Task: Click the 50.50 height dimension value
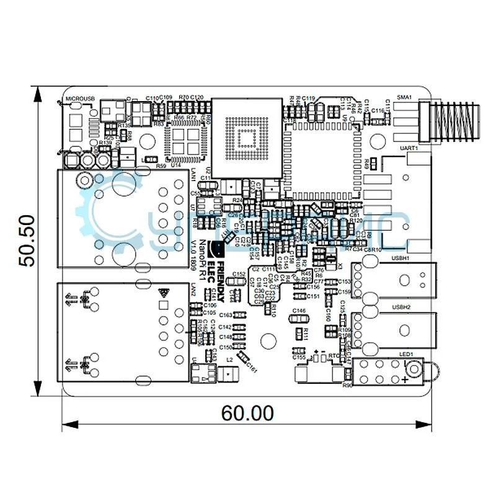point(26,241)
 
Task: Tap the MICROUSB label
point(80,99)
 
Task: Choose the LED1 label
point(406,354)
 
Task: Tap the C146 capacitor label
point(299,311)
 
